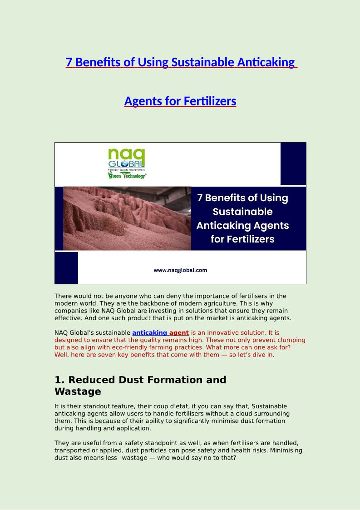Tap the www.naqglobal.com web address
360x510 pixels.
point(180,270)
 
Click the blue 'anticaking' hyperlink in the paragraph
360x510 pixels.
point(149,333)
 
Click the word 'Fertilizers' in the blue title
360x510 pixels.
point(210,101)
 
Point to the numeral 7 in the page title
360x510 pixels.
point(69,62)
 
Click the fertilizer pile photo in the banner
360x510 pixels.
point(127,218)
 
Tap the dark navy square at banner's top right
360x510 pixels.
point(293,163)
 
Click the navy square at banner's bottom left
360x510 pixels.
point(66,268)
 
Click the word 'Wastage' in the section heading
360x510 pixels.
point(78,391)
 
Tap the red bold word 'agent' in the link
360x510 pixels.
point(179,333)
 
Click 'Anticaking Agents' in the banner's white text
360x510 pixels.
point(242,225)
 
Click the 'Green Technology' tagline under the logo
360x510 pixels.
point(127,175)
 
